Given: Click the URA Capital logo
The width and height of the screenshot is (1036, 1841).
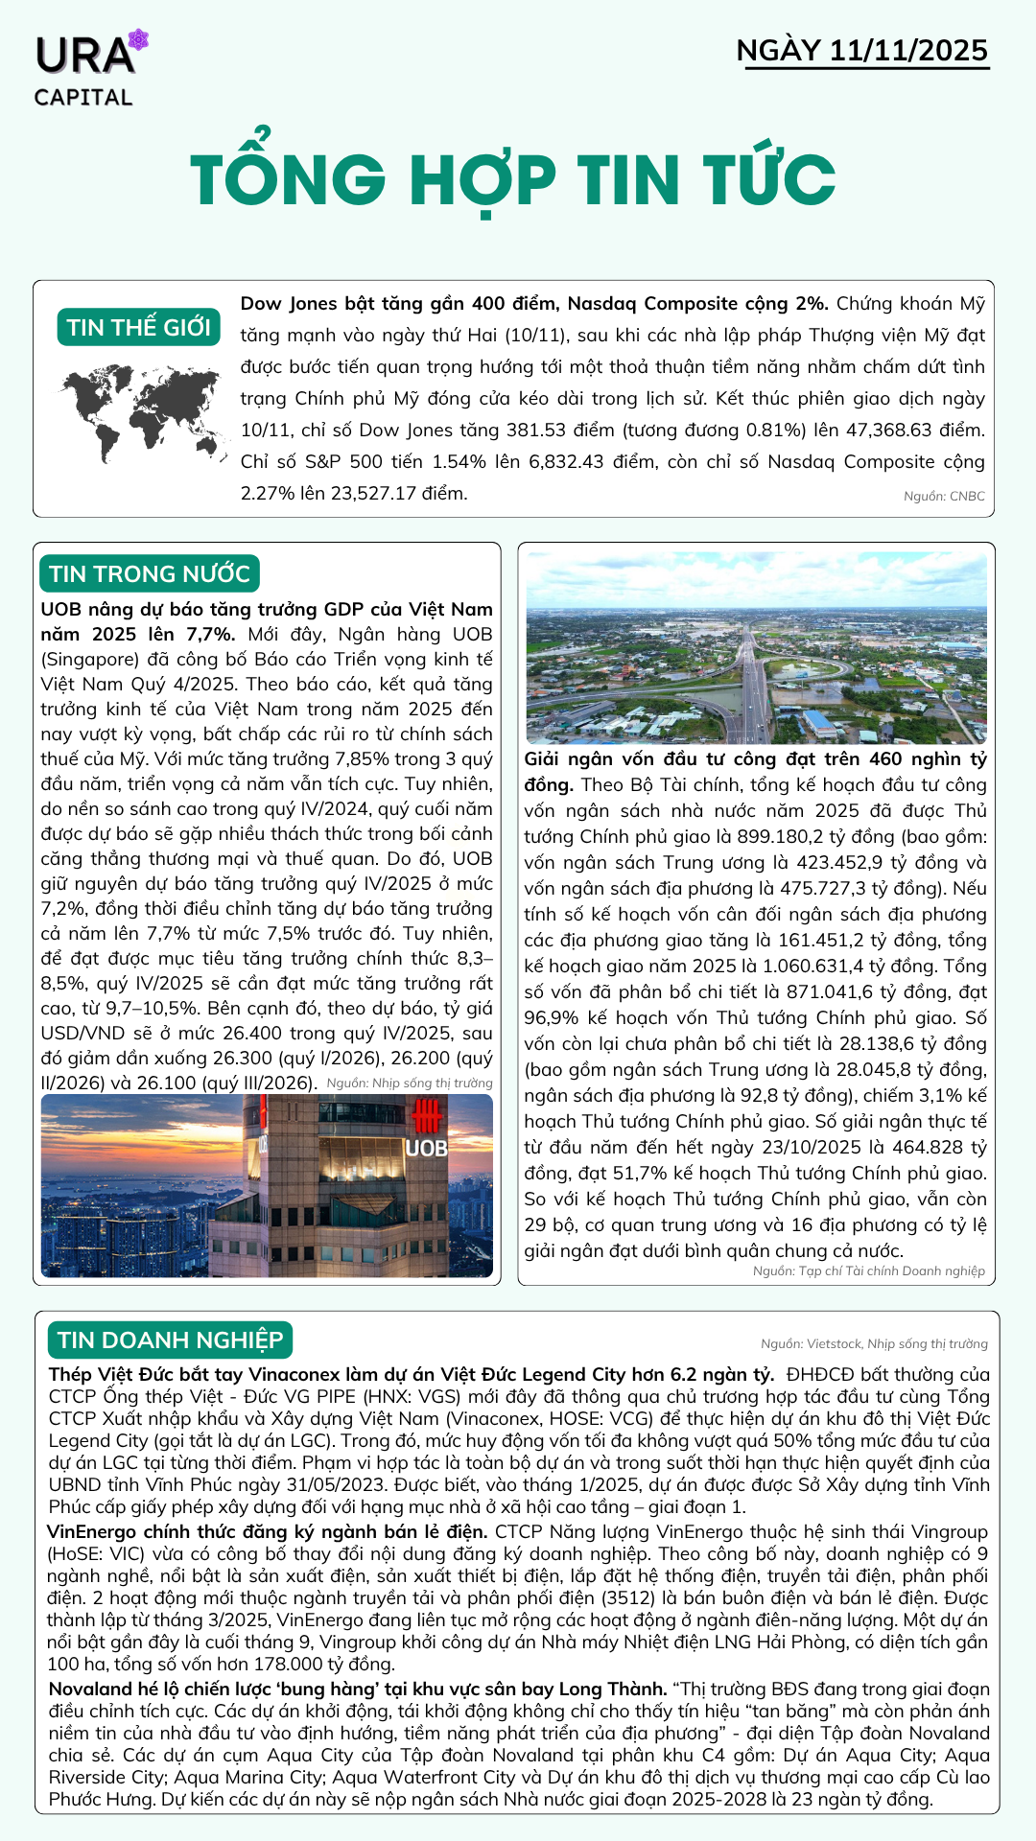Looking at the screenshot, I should (x=86, y=69).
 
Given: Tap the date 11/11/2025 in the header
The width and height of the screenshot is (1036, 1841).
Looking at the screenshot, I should (x=908, y=50).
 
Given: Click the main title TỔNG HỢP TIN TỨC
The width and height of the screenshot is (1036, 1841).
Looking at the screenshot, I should (x=513, y=179).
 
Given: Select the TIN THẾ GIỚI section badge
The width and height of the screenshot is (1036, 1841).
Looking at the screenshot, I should (x=139, y=327).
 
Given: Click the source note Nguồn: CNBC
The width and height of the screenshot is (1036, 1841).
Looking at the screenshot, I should (x=944, y=496).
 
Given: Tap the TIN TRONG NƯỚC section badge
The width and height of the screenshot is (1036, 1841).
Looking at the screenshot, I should (x=150, y=573).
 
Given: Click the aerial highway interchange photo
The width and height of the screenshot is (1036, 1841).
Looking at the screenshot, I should (x=756, y=648).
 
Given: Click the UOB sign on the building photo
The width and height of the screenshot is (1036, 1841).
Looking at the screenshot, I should (x=426, y=1147).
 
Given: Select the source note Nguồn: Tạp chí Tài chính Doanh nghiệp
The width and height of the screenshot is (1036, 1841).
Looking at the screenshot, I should (x=868, y=1270).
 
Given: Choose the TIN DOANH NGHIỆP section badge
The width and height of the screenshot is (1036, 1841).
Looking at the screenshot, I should (x=170, y=1340).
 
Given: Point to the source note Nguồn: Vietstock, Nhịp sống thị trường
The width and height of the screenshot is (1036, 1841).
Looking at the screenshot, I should (x=874, y=1343).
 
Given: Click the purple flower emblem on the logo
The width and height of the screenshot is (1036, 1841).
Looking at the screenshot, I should (x=139, y=40).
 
